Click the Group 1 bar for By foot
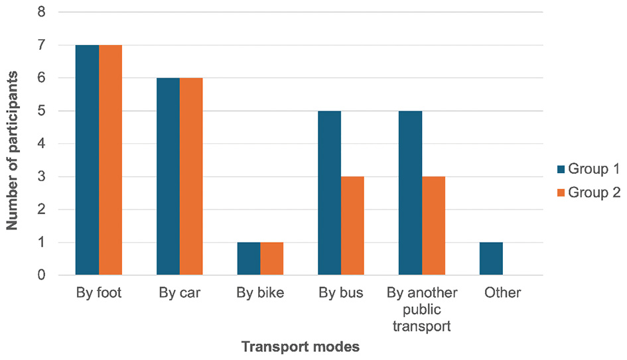tap(88, 160)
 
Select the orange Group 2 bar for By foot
tap(111, 160)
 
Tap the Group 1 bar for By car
tap(168, 176)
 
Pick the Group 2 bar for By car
tap(191, 176)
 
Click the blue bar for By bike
tap(249, 259)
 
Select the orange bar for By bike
tap(272, 259)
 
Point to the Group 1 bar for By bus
tap(329, 193)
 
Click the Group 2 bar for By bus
tap(352, 225)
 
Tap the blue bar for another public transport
tap(410, 193)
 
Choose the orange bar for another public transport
tap(433, 225)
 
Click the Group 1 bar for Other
tap(491, 259)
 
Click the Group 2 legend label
tap(594, 192)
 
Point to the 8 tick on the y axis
tap(42, 12)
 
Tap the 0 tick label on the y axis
tap(42, 275)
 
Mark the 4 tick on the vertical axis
tap(42, 144)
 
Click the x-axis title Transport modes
tap(300, 347)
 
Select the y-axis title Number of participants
tap(13, 144)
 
